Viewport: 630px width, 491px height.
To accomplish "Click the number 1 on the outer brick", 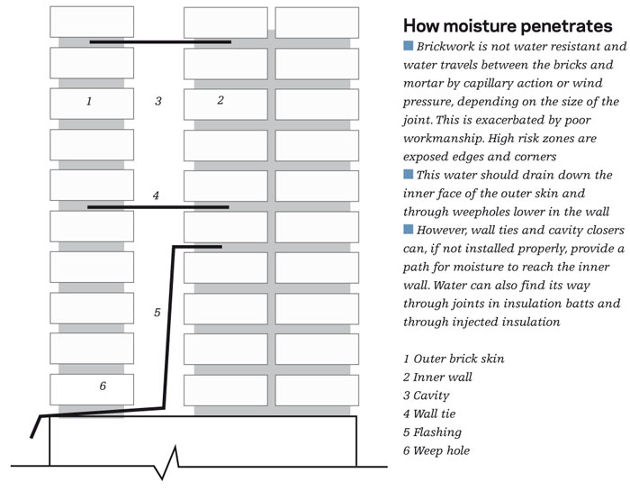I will click(88, 101).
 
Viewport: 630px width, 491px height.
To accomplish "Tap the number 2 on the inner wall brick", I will click(220, 100).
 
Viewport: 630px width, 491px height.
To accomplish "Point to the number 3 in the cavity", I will click(157, 101).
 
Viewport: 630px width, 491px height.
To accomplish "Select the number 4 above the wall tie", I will click(156, 195).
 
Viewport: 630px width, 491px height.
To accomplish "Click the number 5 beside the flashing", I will click(157, 313).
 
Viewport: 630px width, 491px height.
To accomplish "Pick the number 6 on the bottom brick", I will click(103, 386).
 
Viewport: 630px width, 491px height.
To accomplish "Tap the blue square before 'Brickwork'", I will click(409, 46).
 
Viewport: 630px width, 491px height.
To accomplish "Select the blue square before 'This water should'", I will click(409, 174).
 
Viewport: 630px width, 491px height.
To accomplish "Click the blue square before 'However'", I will click(409, 229).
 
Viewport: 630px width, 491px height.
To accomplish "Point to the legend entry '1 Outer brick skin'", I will click(454, 359).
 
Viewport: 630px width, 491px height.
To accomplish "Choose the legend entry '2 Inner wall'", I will click(437, 377).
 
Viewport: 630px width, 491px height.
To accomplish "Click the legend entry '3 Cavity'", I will click(427, 396).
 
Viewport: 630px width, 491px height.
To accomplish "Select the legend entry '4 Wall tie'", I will click(432, 414).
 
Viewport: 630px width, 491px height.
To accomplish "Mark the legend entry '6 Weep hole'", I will click(436, 450).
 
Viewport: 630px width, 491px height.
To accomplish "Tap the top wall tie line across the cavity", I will click(160, 41).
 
